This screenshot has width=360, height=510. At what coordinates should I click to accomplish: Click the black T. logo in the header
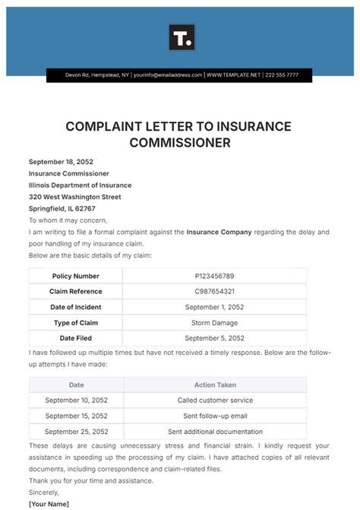182,36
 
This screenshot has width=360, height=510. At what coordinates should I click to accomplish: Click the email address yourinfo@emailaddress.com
168,75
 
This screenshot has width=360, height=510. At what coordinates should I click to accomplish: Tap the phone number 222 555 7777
283,75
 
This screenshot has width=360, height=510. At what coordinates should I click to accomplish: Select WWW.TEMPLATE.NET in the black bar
233,75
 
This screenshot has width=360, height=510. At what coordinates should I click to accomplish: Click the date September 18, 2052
60,162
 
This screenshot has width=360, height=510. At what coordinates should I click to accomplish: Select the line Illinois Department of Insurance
80,185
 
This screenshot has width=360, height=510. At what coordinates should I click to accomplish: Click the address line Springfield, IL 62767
62,208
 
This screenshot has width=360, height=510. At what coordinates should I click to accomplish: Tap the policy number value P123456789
215,276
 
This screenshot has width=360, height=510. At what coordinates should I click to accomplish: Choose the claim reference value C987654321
215,291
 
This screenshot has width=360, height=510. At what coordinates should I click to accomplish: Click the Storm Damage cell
215,322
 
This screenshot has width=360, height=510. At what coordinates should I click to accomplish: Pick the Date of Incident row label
76,307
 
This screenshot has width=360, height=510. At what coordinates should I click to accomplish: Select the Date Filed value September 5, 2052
215,337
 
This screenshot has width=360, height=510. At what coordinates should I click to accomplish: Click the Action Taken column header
215,385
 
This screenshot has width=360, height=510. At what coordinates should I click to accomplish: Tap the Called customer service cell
215,400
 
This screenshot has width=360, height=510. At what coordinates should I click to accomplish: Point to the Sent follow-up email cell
215,416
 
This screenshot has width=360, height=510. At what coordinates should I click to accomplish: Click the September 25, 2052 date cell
76,431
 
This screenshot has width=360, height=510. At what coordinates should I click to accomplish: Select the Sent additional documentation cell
215,431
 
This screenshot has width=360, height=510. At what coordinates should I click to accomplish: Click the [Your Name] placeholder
49,504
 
